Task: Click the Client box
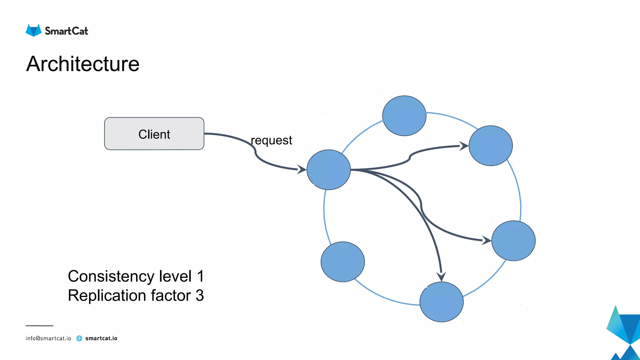(154, 134)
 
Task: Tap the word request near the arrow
(271, 140)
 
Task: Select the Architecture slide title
(83, 64)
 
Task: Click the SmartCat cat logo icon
(33, 30)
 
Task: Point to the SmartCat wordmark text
(67, 31)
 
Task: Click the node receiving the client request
(328, 170)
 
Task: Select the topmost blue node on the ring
(404, 116)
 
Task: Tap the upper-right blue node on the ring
(490, 146)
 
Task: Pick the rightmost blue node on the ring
(513, 241)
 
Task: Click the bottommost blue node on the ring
(441, 302)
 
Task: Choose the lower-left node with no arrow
(342, 262)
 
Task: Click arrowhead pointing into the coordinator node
(302, 169)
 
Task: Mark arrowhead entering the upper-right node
(464, 146)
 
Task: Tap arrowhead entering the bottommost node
(441, 277)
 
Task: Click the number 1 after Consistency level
(200, 276)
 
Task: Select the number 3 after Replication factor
(200, 295)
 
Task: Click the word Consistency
(111, 276)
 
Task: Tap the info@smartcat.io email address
(48, 338)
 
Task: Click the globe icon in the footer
(79, 338)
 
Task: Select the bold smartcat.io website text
(101, 338)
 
